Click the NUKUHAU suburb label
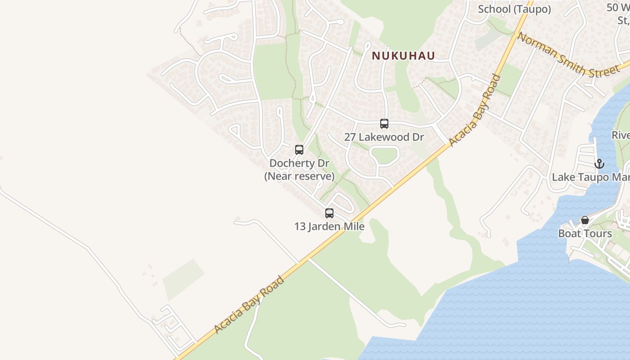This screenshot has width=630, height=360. [x=404, y=56]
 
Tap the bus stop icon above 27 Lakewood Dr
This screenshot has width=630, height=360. [x=384, y=124]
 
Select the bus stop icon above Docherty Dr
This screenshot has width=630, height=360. [x=299, y=150]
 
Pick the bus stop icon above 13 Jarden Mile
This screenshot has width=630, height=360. [x=329, y=213]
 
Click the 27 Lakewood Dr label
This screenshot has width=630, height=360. [x=384, y=137]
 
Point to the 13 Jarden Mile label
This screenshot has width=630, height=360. [x=329, y=226]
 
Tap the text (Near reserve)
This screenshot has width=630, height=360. [x=299, y=176]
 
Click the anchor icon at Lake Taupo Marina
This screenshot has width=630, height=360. [x=599, y=164]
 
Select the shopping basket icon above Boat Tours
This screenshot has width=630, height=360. [x=585, y=220]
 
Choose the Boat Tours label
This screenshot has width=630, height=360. [x=585, y=234]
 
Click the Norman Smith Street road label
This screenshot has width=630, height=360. [x=568, y=55]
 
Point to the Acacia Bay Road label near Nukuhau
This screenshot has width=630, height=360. [x=475, y=111]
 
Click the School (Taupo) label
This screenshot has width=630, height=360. [x=514, y=9]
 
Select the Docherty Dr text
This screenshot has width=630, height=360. [x=299, y=163]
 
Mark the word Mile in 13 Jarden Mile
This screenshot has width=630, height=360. [x=354, y=226]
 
